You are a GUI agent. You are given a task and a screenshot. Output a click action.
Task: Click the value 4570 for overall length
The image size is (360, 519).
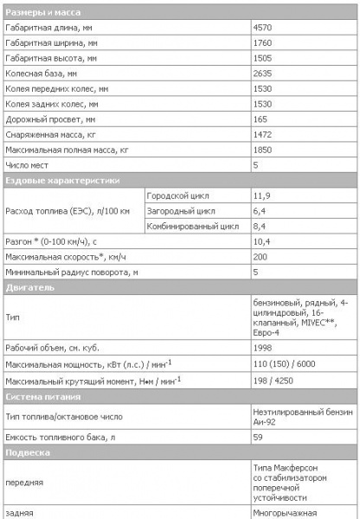262,29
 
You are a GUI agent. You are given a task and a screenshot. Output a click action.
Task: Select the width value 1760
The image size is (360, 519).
262,44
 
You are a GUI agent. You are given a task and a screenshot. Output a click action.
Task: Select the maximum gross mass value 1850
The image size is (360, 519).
262,150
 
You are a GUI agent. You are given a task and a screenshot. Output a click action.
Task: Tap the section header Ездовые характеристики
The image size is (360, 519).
61,181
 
